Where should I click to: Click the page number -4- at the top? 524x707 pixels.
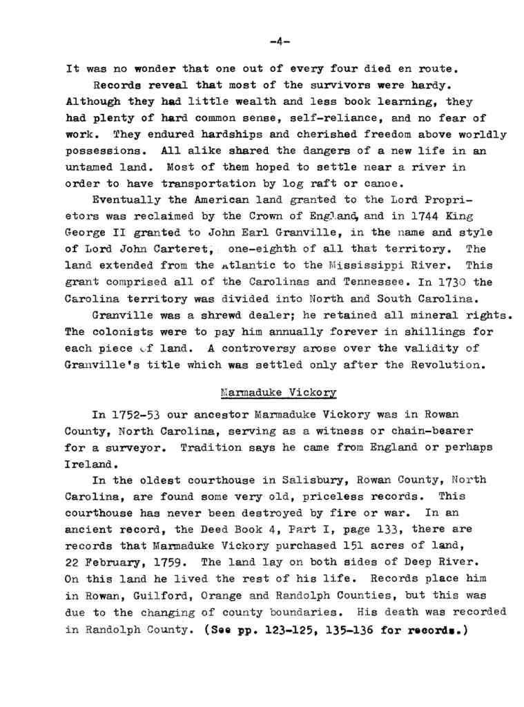[280, 43]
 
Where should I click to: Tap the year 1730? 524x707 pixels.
[447, 282]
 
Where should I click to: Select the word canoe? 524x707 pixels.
[383, 184]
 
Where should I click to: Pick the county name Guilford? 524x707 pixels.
[162, 595]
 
